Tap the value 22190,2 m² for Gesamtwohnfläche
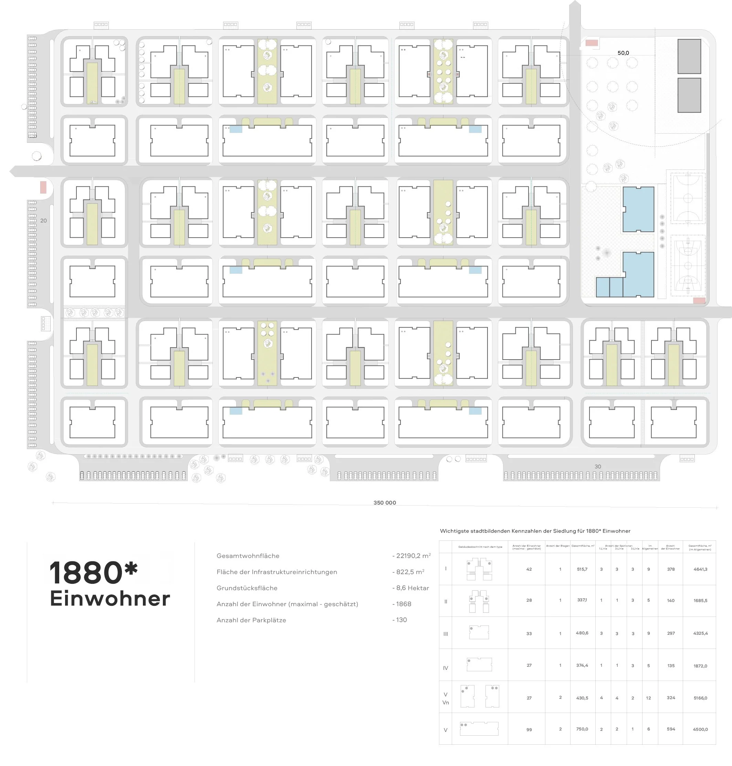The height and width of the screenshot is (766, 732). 413,556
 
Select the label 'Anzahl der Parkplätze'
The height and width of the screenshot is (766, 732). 251,620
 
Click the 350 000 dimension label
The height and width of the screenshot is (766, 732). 384,503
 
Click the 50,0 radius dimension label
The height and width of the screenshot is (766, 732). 623,53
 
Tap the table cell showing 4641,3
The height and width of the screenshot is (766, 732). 700,569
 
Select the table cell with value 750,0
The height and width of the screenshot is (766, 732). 582,729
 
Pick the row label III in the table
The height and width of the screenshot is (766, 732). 445,634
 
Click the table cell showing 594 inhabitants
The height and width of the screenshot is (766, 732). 670,729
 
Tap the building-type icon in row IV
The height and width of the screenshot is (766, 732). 479,664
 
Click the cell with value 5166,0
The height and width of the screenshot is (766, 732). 700,698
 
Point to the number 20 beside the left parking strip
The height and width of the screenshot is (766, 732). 43,220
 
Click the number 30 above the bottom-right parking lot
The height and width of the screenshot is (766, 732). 597,467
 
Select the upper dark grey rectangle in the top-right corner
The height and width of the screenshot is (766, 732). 689,56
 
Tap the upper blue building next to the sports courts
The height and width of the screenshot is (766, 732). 638,209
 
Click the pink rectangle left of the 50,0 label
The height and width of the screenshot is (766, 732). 592,43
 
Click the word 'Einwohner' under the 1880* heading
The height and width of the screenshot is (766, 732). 110,599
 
